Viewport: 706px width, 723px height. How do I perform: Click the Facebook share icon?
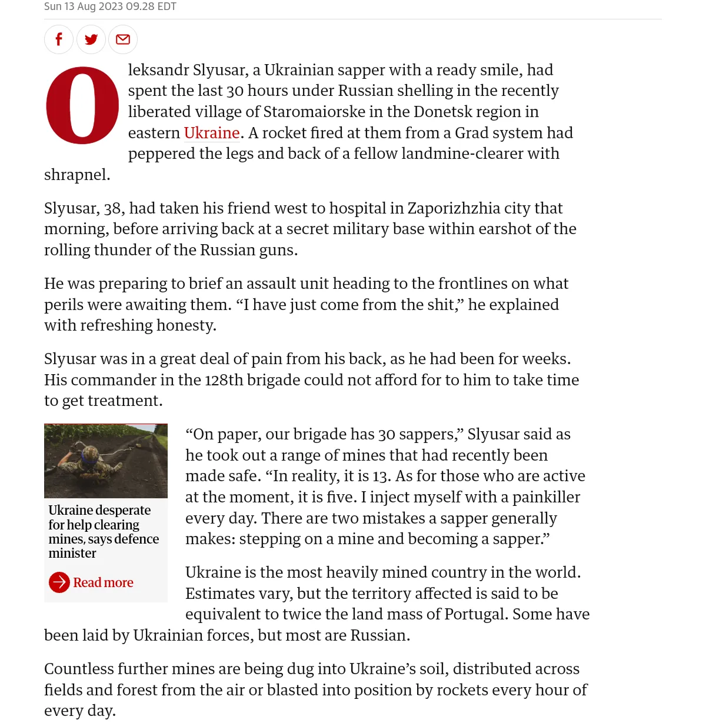click(59, 39)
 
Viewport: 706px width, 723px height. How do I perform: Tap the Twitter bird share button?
click(91, 39)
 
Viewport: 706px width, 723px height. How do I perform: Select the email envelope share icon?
click(123, 39)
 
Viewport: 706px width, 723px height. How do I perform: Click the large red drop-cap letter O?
click(82, 105)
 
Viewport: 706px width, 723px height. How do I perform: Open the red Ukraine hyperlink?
click(212, 133)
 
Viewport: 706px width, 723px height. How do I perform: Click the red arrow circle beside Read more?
click(59, 582)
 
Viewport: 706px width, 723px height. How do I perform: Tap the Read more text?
click(104, 582)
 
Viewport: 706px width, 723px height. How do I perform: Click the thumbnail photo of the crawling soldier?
click(106, 461)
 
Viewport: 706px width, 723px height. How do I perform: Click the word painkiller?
click(546, 497)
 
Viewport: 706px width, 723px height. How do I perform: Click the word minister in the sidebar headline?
click(72, 553)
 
